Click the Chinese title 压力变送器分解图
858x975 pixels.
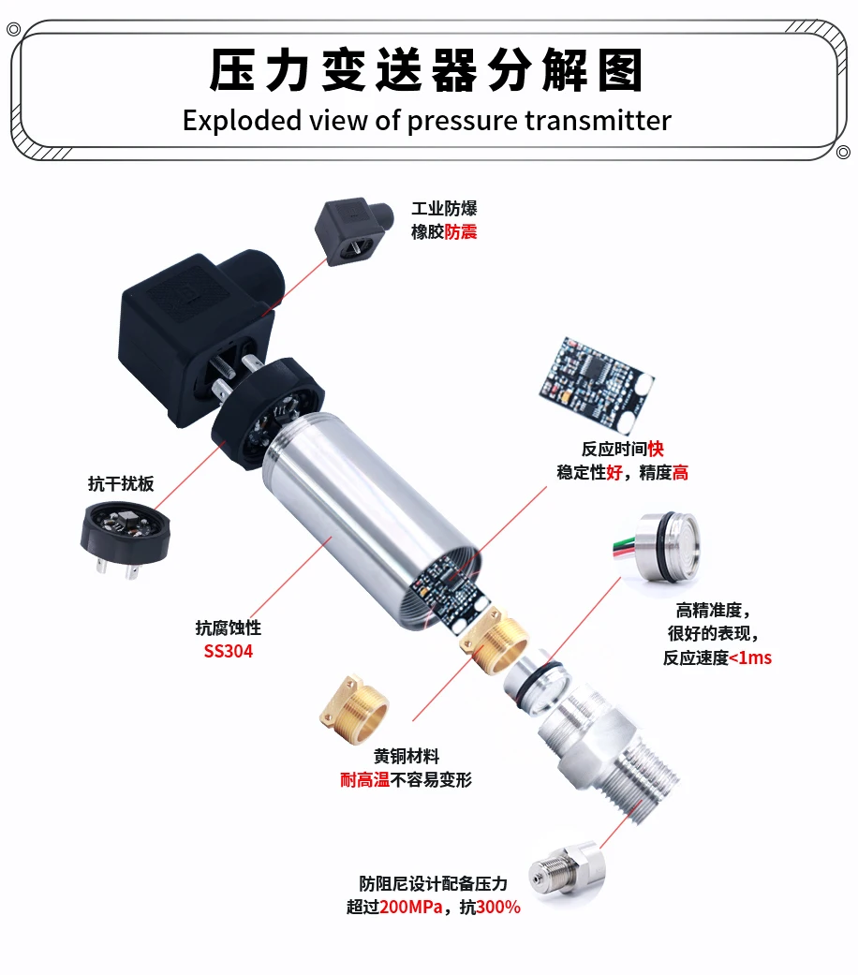click(x=426, y=69)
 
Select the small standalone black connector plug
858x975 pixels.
click(x=354, y=232)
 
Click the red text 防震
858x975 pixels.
click(x=461, y=232)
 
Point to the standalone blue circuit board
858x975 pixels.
click(x=597, y=384)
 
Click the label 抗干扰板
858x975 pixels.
click(x=121, y=484)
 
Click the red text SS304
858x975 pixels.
click(x=229, y=651)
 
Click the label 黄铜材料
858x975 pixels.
click(x=406, y=756)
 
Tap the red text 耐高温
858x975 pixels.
click(x=365, y=780)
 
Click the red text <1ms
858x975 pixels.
click(x=750, y=657)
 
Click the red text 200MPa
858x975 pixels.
click(x=411, y=908)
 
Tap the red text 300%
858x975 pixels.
click(x=498, y=908)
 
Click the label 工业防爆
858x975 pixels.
click(x=444, y=208)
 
